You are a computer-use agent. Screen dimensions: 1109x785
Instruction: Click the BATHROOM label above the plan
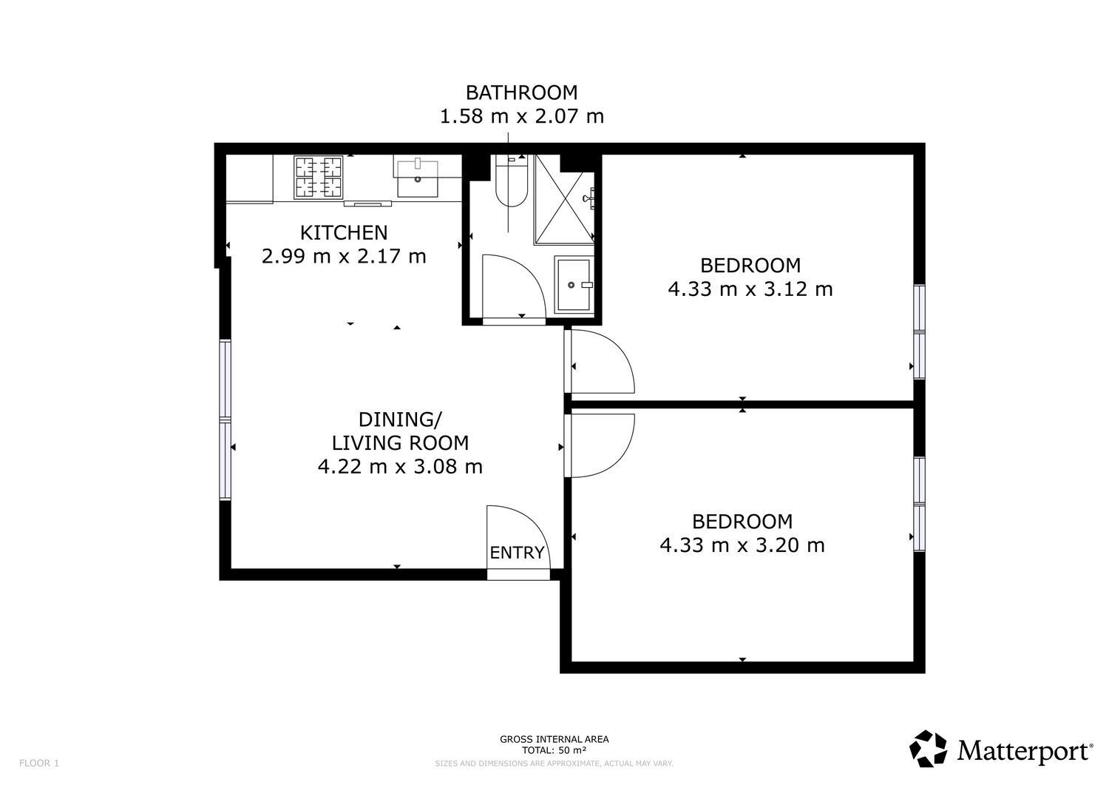[x=521, y=92]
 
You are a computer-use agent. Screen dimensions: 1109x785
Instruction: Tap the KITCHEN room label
[x=344, y=232]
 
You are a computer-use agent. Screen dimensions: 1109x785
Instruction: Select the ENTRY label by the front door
[x=517, y=552]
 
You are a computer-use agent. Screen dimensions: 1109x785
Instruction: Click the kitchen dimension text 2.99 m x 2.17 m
[x=344, y=256]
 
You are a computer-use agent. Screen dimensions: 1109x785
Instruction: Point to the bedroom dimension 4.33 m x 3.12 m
[x=750, y=289]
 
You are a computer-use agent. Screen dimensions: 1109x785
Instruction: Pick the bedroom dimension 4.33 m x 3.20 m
[x=742, y=545]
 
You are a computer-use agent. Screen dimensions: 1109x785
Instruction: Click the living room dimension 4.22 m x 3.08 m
[x=400, y=466]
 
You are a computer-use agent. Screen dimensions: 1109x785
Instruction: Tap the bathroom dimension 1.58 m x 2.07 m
[x=522, y=116]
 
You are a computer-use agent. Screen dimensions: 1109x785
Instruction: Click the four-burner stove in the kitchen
[x=319, y=178]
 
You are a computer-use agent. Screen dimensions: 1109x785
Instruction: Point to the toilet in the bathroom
[x=512, y=181]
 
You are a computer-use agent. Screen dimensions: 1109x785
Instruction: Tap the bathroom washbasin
[x=574, y=284]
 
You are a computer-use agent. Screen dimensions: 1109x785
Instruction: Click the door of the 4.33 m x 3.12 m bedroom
[x=620, y=348]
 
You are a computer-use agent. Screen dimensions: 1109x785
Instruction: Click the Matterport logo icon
[x=928, y=748]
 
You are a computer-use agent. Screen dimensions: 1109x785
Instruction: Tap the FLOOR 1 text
[x=39, y=764]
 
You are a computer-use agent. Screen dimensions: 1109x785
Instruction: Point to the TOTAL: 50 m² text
[x=554, y=750]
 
